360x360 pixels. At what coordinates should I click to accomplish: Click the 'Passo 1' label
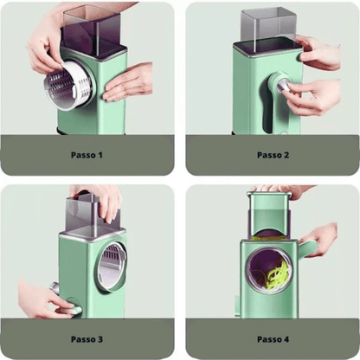(x=87, y=155)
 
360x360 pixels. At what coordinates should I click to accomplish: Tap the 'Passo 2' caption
(x=273, y=155)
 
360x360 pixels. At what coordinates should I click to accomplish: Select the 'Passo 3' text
(x=87, y=339)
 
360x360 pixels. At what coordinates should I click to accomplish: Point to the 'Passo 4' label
(x=273, y=339)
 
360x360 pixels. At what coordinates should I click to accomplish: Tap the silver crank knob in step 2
(x=283, y=86)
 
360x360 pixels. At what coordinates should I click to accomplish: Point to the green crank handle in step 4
(x=306, y=249)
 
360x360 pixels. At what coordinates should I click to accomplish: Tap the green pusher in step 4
(x=269, y=214)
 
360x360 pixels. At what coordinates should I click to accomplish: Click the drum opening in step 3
(x=110, y=266)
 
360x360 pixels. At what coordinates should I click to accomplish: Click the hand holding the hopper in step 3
(x=100, y=202)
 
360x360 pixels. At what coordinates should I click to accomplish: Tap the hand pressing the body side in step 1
(x=127, y=82)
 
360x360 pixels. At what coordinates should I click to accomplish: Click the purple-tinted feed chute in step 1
(x=93, y=32)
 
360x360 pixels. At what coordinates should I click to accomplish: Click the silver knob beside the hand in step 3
(x=55, y=288)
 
